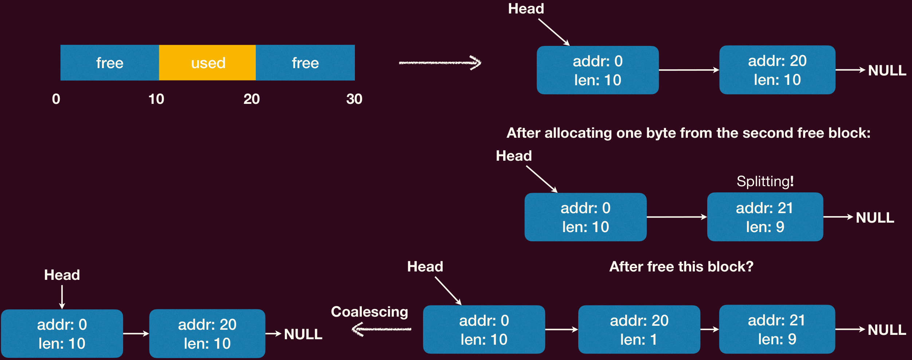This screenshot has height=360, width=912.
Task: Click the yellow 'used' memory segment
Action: click(207, 63)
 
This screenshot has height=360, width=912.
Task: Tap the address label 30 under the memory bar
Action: click(354, 99)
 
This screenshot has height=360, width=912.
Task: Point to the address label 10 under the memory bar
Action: click(156, 99)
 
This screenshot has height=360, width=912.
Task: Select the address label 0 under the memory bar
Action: click(56, 99)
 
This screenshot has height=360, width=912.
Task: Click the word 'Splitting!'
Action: click(765, 181)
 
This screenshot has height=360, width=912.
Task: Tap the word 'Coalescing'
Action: click(369, 312)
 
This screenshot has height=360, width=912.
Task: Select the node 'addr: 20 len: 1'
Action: click(639, 329)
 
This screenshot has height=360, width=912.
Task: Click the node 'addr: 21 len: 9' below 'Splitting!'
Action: click(765, 217)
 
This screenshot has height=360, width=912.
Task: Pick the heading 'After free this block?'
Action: click(681, 267)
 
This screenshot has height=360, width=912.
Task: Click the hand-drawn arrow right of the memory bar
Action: click(440, 63)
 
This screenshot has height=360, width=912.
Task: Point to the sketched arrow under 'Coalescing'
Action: click(381, 329)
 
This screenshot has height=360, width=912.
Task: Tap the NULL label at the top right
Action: click(887, 70)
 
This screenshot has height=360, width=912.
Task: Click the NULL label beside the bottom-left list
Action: click(303, 334)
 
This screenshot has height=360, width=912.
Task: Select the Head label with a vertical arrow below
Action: click(62, 275)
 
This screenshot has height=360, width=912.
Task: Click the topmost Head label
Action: click(526, 9)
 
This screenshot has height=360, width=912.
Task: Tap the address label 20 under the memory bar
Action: click(252, 99)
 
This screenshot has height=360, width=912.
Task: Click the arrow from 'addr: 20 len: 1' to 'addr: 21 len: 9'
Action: click(710, 329)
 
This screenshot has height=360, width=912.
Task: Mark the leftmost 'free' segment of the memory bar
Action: click(110, 63)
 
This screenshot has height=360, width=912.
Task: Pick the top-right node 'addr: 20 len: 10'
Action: click(778, 70)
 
